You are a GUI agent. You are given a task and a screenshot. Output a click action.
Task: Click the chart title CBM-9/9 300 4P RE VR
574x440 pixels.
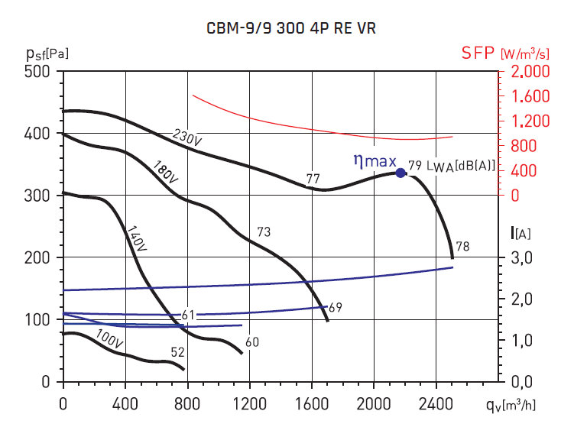(x=291, y=28)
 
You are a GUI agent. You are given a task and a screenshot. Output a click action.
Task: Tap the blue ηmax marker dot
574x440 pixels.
(x=400, y=173)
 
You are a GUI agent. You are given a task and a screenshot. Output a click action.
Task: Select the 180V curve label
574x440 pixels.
(x=165, y=172)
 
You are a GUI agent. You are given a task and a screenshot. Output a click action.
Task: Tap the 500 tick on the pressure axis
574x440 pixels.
(x=37, y=72)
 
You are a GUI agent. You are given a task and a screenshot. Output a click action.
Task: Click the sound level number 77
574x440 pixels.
(x=313, y=180)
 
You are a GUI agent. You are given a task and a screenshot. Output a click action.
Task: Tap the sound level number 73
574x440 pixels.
(x=263, y=231)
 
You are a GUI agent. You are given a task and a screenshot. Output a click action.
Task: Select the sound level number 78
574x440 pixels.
(x=462, y=246)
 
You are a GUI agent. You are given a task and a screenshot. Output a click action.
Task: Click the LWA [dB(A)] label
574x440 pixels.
(x=462, y=166)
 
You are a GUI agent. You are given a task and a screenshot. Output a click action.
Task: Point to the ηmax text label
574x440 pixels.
(x=374, y=161)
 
